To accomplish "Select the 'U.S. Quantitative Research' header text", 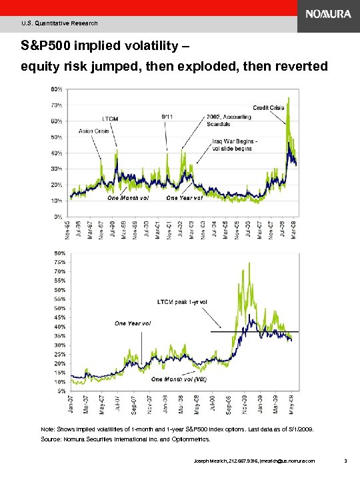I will [59, 23].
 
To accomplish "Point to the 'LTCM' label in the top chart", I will [111, 119].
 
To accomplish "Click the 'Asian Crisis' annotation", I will [94, 131].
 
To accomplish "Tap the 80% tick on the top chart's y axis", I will [57, 89].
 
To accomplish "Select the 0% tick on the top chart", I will [59, 217].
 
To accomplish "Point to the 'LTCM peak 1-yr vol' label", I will [182, 301].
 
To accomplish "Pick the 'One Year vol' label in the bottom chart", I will [133, 323].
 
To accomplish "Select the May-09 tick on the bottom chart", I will [291, 405].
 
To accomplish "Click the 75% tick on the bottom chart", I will [59, 262].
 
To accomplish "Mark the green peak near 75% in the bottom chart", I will [249, 263].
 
